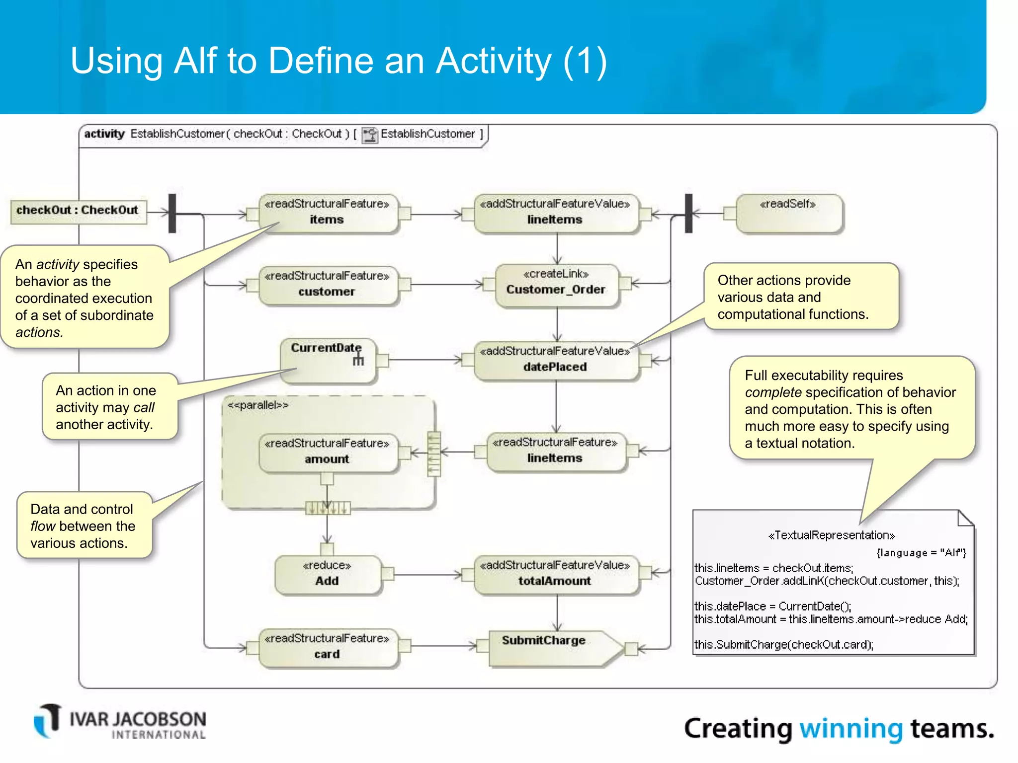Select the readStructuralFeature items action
[327, 213]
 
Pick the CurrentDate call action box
[327, 360]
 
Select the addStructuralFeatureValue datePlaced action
[555, 360]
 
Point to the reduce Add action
[327, 574]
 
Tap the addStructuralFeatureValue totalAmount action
[555, 574]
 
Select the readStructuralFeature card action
[327, 647]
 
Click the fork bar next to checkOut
[172, 213]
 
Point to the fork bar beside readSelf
[688, 213]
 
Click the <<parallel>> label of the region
[257, 405]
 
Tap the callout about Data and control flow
[84, 526]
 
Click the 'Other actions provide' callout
[800, 297]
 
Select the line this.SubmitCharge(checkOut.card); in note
[783, 645]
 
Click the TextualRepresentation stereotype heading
[831, 535]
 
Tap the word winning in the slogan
[850, 729]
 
